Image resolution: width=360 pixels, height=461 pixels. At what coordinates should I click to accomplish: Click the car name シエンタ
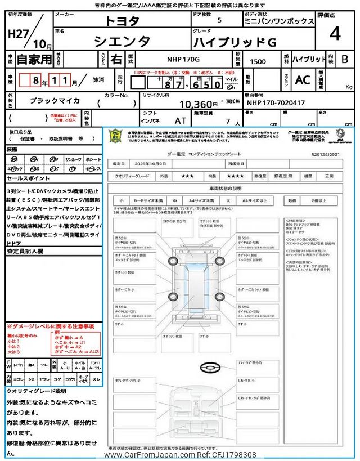pos(122,41)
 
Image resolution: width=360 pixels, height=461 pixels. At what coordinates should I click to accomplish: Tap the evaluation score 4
pos(335,34)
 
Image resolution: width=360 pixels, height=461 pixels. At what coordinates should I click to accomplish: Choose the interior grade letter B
pos(345,59)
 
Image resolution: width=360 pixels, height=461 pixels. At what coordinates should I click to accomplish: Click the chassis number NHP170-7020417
pos(276,103)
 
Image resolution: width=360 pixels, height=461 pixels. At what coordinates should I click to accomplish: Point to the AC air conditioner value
pos(302,80)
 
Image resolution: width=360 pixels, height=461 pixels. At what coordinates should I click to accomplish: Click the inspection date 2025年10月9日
pos(150,163)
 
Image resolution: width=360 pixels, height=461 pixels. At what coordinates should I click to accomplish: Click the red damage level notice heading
pos(51,326)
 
